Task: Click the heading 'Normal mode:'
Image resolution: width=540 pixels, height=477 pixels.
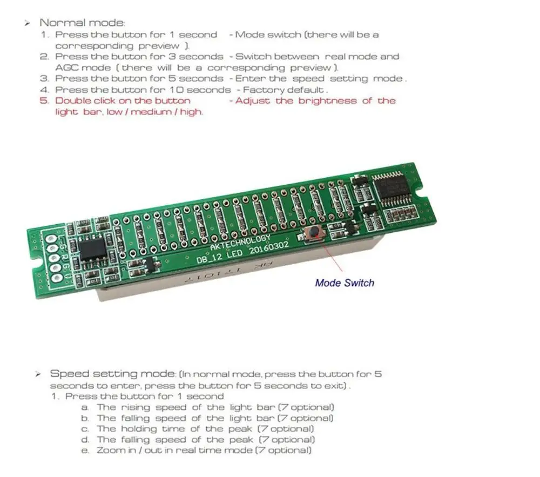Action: [82, 23]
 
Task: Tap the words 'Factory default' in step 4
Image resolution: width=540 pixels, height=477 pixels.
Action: [284, 90]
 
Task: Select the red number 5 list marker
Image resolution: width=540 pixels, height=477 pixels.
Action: [44, 100]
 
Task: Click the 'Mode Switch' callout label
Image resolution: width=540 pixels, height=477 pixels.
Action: [344, 282]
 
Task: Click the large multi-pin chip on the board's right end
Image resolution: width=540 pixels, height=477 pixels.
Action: [398, 187]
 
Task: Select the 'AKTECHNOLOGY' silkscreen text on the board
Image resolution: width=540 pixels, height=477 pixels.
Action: [240, 241]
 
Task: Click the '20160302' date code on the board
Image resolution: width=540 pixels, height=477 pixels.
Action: [268, 248]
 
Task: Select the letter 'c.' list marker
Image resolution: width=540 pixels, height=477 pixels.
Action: [85, 429]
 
